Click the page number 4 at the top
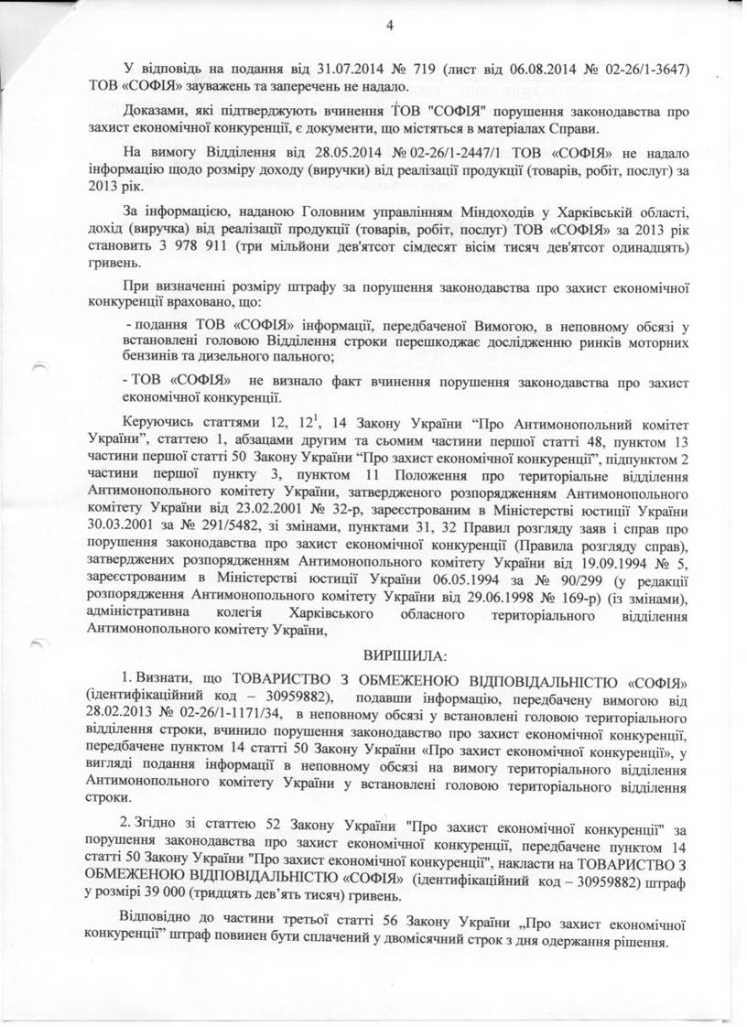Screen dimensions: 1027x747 click(389, 27)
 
